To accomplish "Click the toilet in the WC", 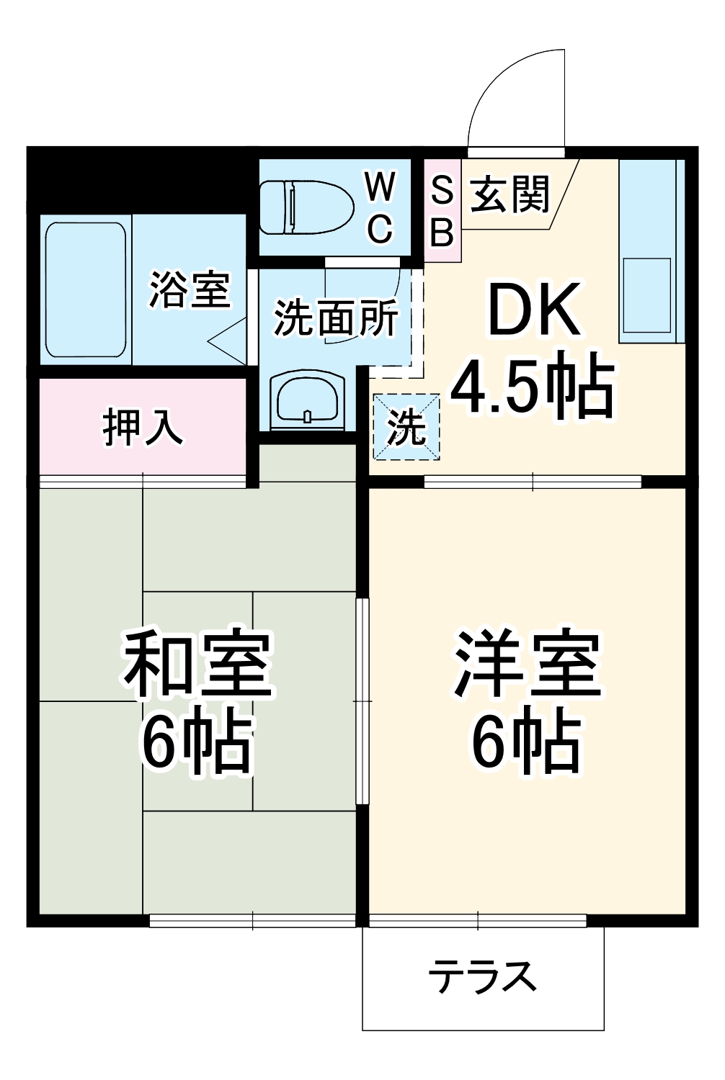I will [306, 207].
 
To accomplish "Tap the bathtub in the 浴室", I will [86, 290].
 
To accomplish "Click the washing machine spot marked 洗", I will [406, 427].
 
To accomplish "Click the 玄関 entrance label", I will [510, 194].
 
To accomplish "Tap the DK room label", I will [534, 310].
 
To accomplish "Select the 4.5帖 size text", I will [533, 388].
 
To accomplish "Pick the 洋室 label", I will [527, 665].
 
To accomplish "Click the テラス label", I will [482, 977].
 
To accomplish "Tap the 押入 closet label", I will [143, 427].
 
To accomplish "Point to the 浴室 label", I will [189, 289].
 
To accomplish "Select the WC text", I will [380, 208].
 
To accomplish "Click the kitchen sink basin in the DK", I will [646, 294].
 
